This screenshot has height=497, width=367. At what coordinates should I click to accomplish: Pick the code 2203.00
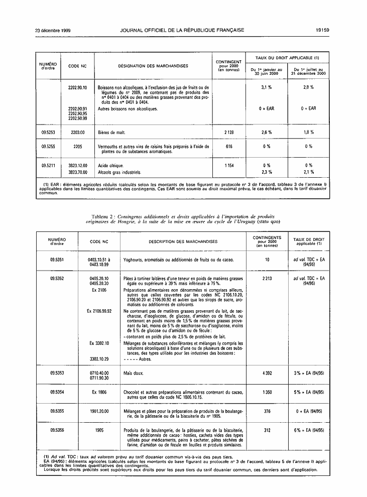77,132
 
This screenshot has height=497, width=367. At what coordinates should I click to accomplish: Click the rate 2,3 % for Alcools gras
266,172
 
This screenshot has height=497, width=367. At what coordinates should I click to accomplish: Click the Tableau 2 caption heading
183,218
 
